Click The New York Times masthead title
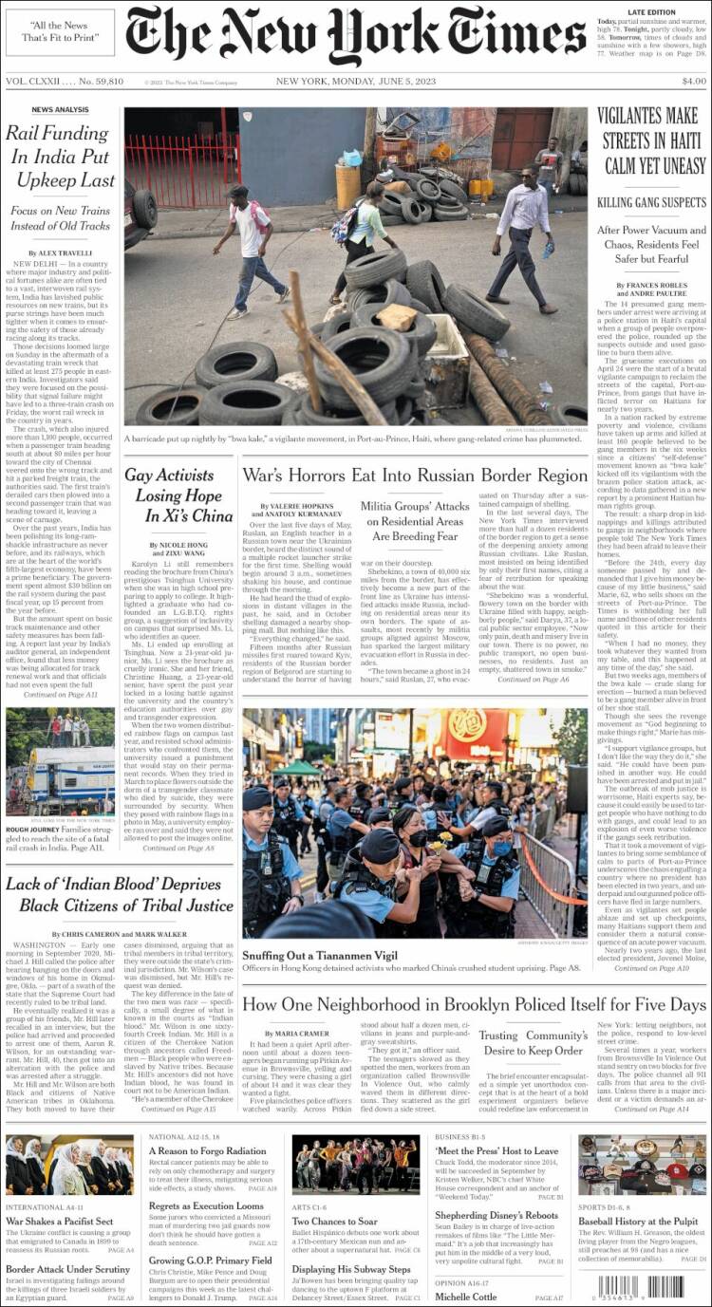pos(356,35)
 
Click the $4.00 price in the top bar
pos(693,81)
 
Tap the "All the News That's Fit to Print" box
pos(60,31)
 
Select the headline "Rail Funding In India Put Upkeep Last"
pos(60,157)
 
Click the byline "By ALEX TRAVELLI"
pos(59,252)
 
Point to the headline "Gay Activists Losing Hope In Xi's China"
pos(178,495)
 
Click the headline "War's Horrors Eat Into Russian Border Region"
pos(415,476)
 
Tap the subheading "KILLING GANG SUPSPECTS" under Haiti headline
pos(651,202)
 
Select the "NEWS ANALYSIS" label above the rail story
pos(60,110)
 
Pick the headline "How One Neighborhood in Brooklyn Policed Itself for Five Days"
pos(475,1005)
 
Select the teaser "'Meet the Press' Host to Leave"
pos(497,1150)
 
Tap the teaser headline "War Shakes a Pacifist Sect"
pos(59,1221)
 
